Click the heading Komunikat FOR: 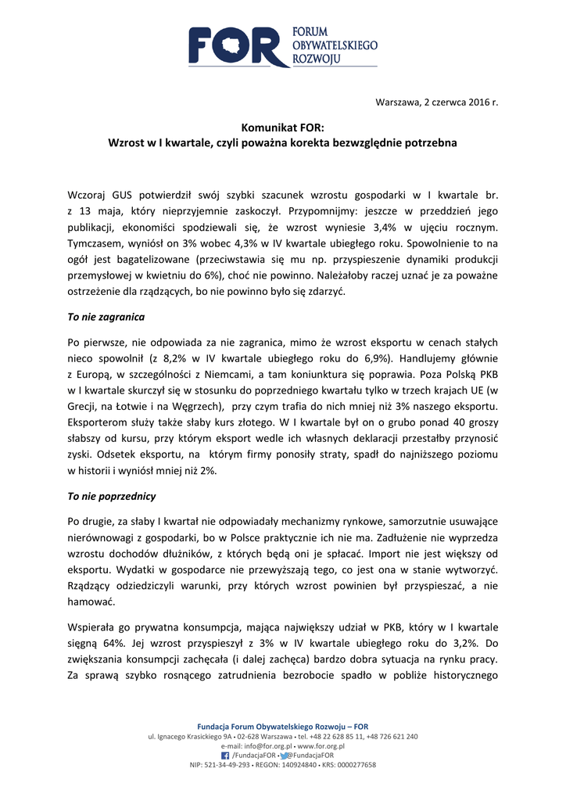pos(282,128)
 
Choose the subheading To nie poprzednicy pos(111,496)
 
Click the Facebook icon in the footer pos(226,755)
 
